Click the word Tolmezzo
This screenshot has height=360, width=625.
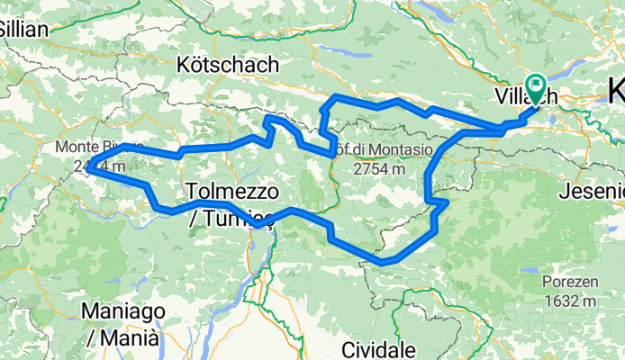[233, 191]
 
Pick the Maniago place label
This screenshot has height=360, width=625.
[122, 311]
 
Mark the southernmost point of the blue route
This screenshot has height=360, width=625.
[386, 263]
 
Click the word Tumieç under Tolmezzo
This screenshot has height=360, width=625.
[237, 215]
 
